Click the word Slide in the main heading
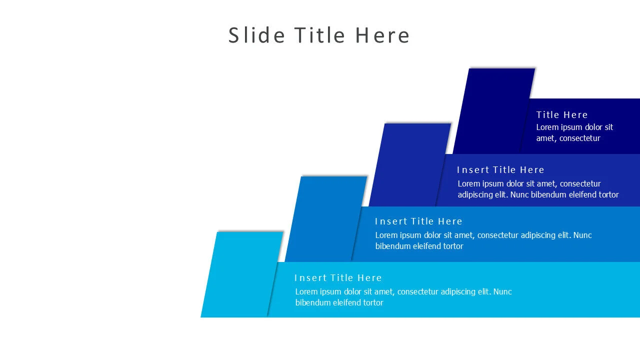[x=256, y=35]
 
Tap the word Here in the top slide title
[x=382, y=35]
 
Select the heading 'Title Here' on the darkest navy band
[x=561, y=114]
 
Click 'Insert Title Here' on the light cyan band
[x=338, y=277]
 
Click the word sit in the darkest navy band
[x=608, y=127]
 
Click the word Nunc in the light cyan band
[x=502, y=291]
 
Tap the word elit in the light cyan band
[x=485, y=291]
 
